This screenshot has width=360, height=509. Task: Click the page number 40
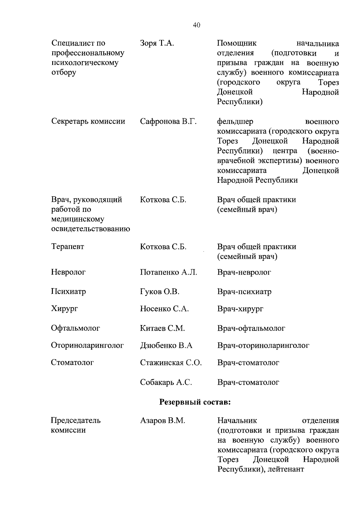[196, 25]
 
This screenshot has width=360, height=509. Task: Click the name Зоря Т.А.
[157, 43]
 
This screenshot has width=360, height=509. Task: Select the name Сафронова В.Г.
[168, 122]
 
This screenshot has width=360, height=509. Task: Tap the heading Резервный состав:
[195, 402]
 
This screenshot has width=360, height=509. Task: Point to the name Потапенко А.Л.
[168, 272]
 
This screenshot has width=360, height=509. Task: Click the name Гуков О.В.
[160, 292]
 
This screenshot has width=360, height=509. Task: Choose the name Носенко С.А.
[164, 309]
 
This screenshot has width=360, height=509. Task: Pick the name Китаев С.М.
[162, 328]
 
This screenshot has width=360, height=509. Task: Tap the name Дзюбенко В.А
[166, 345]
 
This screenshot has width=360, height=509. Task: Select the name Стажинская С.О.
[171, 363]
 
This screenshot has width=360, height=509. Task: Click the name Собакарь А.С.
[166, 382]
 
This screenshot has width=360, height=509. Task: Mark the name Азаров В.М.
[163, 421]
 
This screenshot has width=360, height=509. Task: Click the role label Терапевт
[67, 247]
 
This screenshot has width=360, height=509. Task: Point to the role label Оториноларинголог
[87, 345]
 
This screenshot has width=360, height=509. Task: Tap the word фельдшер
[235, 122]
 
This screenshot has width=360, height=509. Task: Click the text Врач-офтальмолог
[251, 328]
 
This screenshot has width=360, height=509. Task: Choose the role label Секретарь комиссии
[88, 122]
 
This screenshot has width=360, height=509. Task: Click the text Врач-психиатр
[244, 292]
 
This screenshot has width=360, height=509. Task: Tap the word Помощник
[237, 43]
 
